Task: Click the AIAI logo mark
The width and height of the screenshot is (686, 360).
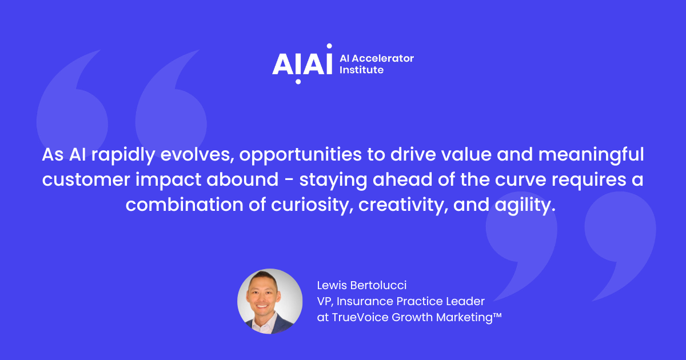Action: tap(302, 63)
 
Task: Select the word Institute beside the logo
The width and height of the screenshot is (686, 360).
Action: tap(361, 70)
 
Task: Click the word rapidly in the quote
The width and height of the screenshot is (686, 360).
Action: tap(123, 155)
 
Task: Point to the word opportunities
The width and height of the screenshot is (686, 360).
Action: tap(300, 155)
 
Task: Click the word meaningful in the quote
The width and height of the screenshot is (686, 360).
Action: tap(591, 155)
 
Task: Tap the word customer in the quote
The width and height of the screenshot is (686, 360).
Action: tap(86, 179)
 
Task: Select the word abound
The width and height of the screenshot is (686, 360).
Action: tap(242, 179)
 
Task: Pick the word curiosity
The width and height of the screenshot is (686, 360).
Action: tap(312, 205)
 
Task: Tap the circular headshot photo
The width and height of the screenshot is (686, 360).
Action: tap(270, 301)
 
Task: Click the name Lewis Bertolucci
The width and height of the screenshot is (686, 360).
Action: tap(362, 285)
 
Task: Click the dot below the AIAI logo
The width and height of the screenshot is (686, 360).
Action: tap(298, 82)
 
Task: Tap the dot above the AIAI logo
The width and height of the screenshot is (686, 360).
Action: tap(329, 46)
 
